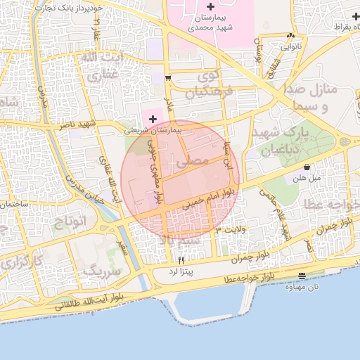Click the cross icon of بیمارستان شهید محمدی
[x=210, y=7]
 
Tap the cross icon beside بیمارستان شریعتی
[x=153, y=120]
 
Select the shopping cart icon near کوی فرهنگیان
[x=167, y=78]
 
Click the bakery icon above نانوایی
[x=291, y=35]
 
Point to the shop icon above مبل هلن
[x=307, y=167]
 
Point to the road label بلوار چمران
[x=251, y=257]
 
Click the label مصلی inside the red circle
[x=195, y=161]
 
